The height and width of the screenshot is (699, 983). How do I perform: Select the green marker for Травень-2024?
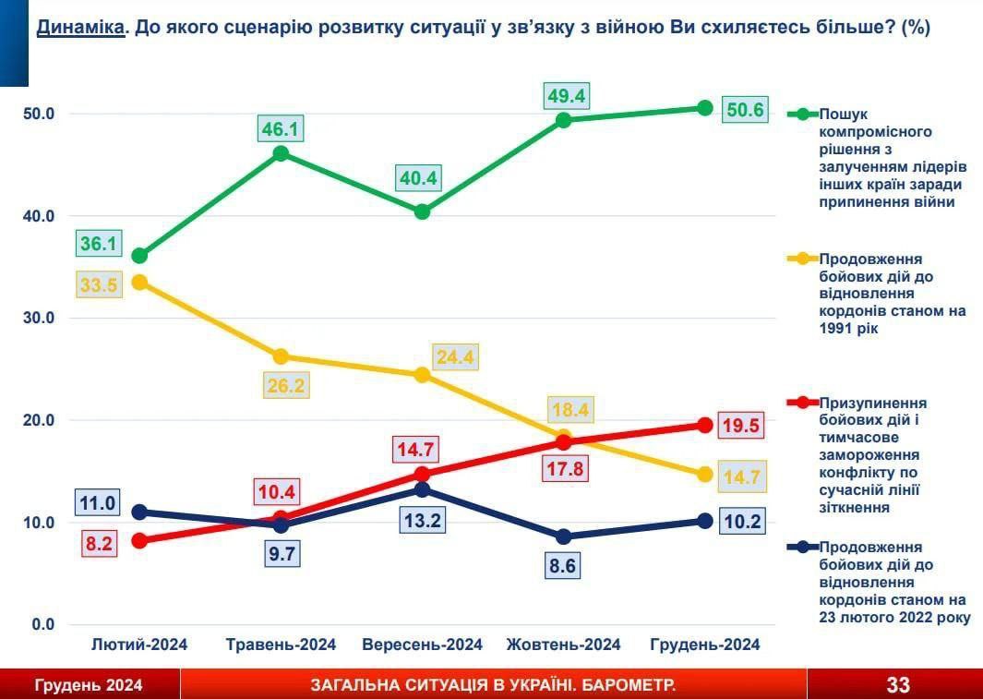282,153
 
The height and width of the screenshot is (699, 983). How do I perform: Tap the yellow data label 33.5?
99,284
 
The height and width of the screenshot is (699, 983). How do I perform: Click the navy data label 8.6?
562,565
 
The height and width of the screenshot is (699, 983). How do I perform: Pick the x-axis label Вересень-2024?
422,645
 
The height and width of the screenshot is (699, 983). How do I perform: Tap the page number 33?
897,685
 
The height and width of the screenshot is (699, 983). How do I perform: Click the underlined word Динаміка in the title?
80,28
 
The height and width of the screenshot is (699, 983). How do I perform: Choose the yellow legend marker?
801,260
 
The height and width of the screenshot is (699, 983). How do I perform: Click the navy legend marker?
801,548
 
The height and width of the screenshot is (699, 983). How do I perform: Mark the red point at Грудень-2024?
704,425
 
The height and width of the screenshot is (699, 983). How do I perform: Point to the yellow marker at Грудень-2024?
704,474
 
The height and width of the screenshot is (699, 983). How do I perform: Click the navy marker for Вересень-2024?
422,489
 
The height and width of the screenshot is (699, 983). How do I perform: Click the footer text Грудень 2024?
89,685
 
